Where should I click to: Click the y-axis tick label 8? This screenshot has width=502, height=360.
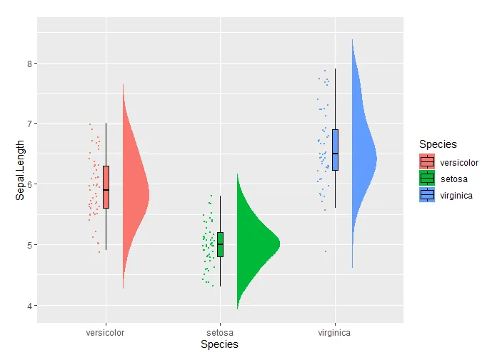point(29,63)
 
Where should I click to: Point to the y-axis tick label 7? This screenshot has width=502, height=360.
point(29,124)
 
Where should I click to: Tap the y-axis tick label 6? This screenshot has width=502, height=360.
point(29,184)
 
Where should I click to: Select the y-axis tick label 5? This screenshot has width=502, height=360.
point(29,245)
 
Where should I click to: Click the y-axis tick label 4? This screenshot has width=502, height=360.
point(29,306)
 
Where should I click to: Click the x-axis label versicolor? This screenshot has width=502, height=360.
point(106,332)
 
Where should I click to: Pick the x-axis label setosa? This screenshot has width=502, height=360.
point(220,332)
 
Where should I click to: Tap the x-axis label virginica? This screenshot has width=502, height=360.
point(334,332)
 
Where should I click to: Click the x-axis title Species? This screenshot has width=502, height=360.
point(220,344)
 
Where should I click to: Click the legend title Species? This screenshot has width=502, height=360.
point(438,144)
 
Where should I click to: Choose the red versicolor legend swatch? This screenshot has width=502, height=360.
point(427,162)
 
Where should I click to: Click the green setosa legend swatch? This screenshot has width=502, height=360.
point(427,179)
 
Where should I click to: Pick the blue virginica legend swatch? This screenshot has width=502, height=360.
point(427,195)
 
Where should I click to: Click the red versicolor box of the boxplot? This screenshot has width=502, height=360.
point(106,186)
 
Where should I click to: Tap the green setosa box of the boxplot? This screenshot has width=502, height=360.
point(220,244)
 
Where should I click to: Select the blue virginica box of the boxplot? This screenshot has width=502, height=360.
point(335,149)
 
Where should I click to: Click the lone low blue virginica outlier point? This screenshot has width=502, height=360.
point(326,251)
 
